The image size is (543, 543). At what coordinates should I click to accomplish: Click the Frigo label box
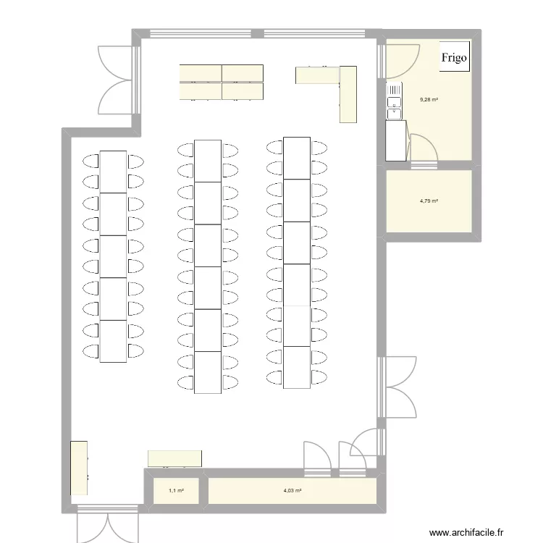tap(455, 56)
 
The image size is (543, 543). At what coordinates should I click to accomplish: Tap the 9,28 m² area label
tap(429, 100)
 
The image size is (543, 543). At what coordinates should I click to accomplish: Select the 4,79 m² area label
tap(429, 201)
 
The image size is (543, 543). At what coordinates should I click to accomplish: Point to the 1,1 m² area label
tap(176, 491)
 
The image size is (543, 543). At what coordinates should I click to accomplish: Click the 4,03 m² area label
tap(292, 491)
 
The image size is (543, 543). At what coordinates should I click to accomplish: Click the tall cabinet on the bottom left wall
tap(79, 468)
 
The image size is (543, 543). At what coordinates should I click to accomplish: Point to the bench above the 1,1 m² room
tap(174, 458)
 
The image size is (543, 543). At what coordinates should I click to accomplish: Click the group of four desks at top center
tap(222, 81)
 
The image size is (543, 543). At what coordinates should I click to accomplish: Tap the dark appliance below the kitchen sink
tap(395, 140)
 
